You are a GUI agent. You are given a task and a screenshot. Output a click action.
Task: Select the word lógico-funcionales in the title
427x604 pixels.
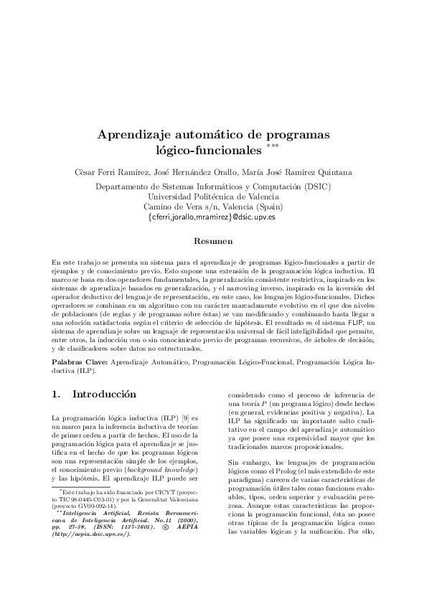pyautogui.click(x=208, y=151)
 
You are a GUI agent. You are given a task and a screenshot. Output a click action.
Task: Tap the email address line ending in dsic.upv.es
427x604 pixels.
pyautogui.click(x=212, y=216)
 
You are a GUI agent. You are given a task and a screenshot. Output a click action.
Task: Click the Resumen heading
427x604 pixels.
pyautogui.click(x=213, y=242)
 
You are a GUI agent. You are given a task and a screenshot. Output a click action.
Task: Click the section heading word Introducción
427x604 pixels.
pyautogui.click(x=104, y=395)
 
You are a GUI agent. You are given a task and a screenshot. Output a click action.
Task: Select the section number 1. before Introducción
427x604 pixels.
pyautogui.click(x=58, y=395)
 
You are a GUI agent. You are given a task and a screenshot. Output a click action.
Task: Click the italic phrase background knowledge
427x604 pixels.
pyautogui.click(x=166, y=468)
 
